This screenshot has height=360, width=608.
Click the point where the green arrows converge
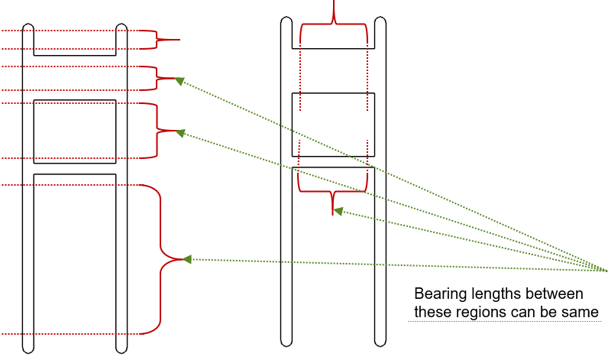pos(605,271)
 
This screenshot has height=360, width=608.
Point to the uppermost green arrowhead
pos(180,79)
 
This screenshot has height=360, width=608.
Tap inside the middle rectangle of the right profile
pos(334,122)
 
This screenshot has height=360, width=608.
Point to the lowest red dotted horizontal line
pos(76,334)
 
